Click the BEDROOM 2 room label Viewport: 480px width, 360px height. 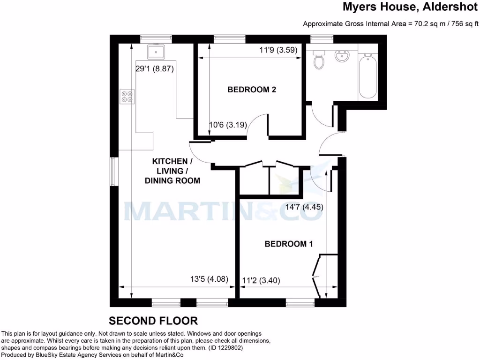[252, 90]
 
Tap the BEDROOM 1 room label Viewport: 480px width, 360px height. [289, 244]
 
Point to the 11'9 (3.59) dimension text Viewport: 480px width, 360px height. [278, 50]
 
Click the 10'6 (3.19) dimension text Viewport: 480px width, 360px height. [227, 125]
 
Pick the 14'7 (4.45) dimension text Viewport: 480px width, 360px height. [305, 207]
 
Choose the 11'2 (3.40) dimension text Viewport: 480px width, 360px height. [261, 281]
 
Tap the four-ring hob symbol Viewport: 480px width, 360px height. [127, 96]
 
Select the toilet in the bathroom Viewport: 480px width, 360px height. [320, 60]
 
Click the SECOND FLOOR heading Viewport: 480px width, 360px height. [153, 321]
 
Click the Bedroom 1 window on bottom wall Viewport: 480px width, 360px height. [300, 304]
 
